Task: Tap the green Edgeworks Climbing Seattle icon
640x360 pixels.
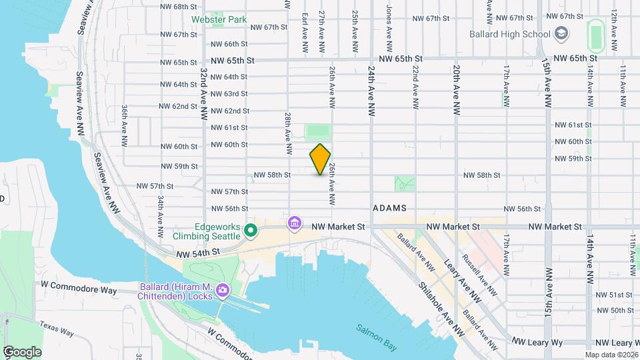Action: tap(251, 231)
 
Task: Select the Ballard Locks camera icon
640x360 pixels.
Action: tap(222, 291)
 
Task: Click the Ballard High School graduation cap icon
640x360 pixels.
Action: tap(561, 33)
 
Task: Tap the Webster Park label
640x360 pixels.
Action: tap(219, 20)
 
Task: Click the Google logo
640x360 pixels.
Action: tap(22, 351)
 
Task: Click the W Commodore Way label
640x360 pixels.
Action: tap(78, 291)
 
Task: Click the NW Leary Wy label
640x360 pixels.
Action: tap(537, 342)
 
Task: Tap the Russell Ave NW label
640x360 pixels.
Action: tap(480, 275)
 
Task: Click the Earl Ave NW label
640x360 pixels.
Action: tap(304, 31)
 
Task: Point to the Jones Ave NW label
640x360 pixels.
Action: tap(389, 21)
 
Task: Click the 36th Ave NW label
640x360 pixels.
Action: tap(125, 125)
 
